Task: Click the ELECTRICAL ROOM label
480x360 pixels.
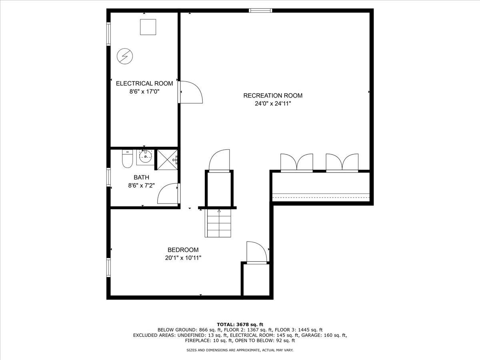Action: [144, 84]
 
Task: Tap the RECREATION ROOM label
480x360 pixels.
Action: [273, 96]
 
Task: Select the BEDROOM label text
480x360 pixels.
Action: [183, 250]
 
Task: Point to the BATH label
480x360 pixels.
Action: [141, 177]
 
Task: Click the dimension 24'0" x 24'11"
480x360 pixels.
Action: [273, 104]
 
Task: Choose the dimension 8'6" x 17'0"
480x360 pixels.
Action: [144, 91]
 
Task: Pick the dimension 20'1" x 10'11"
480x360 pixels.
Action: [183, 258]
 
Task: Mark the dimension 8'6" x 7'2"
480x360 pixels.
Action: [141, 186]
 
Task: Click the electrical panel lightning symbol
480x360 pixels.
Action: [125, 56]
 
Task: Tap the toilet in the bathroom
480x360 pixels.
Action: [127, 159]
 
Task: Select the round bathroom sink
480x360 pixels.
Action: [146, 156]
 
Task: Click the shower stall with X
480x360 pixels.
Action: [167, 160]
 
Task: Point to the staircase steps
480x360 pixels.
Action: [218, 223]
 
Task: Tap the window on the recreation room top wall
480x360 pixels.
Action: [261, 10]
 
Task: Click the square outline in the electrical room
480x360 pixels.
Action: [148, 27]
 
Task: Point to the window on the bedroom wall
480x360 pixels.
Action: [108, 268]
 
